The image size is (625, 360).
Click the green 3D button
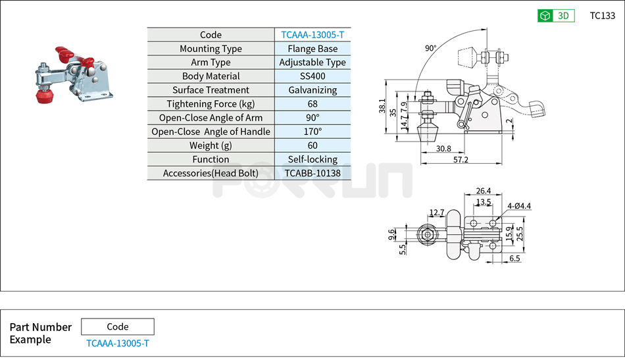[x=556, y=16]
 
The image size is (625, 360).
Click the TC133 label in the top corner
[x=602, y=16]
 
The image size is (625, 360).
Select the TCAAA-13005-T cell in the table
[x=312, y=35]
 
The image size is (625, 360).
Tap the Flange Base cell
[x=312, y=49]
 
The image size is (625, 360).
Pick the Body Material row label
[x=211, y=76]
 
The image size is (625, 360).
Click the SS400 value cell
[x=312, y=76]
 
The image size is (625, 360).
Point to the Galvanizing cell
[x=312, y=90]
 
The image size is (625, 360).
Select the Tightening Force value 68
[x=312, y=104]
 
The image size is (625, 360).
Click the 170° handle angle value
[x=312, y=132]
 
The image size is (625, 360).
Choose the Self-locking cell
[x=312, y=159]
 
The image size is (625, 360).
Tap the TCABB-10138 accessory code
[x=312, y=173]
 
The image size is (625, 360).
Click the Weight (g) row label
[x=211, y=145]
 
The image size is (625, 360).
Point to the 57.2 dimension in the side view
[x=461, y=160]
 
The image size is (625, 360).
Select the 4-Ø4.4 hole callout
[x=519, y=206]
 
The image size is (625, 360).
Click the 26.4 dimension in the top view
[x=484, y=192]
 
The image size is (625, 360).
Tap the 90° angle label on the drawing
[x=430, y=48]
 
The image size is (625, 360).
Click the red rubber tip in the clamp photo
[x=44, y=97]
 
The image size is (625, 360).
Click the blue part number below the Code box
[x=117, y=344]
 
